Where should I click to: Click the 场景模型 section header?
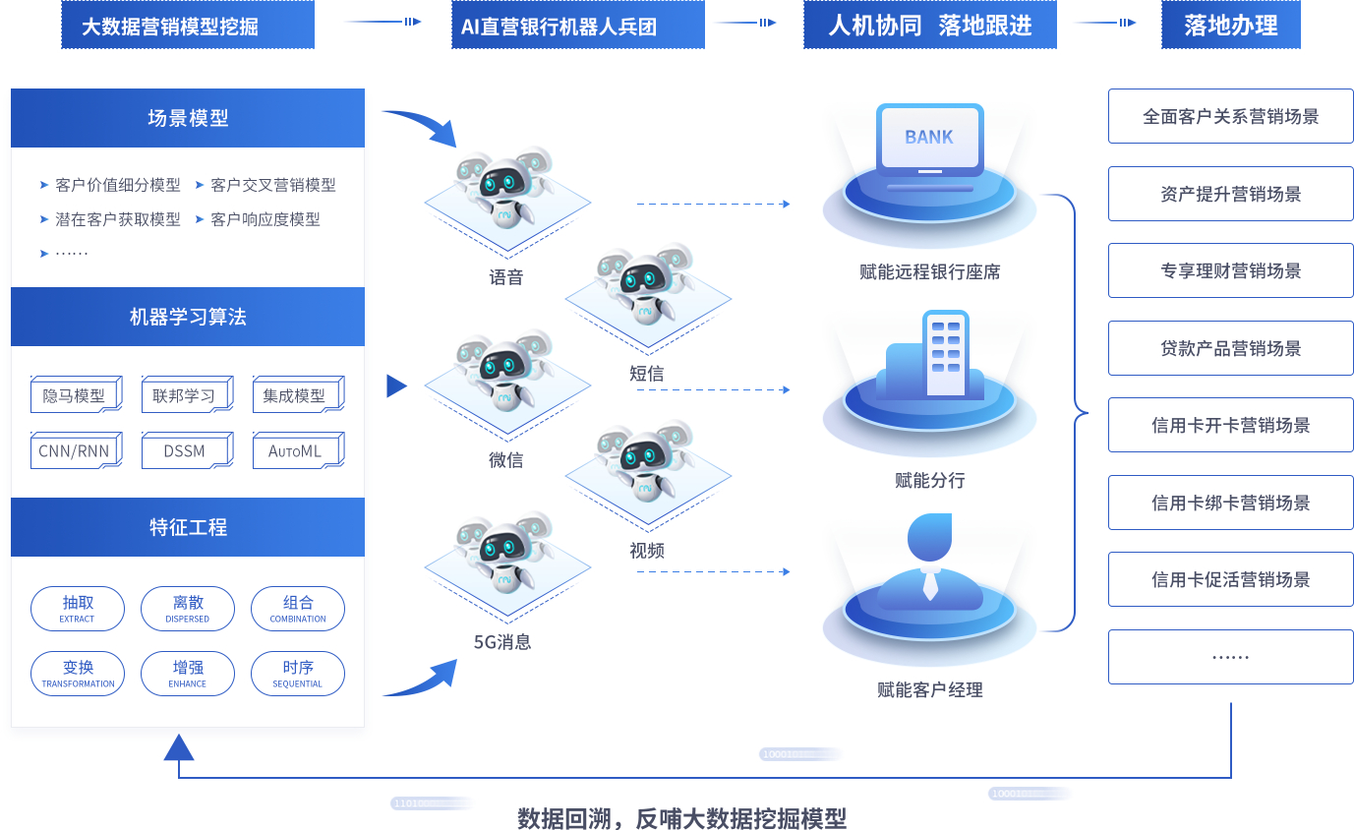pos(188,118)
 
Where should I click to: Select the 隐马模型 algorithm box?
pos(75,395)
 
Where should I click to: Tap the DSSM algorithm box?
pos(185,451)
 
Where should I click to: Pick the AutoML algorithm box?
pos(296,451)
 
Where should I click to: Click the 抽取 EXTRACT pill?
pos(78,609)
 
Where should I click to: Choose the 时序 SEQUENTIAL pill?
pos(298,674)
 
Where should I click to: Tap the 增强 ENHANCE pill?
pos(188,674)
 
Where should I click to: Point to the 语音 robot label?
pos(506,277)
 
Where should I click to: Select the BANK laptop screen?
pos(929,138)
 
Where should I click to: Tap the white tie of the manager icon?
pos(930,585)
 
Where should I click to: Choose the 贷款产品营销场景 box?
pos(1230,348)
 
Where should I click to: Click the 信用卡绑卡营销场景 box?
pos(1230,503)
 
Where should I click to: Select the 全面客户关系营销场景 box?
pos(1230,116)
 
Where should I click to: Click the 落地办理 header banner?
pos(1230,26)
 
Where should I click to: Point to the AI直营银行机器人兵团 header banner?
pos(578,26)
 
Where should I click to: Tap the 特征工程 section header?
pos(188,527)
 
